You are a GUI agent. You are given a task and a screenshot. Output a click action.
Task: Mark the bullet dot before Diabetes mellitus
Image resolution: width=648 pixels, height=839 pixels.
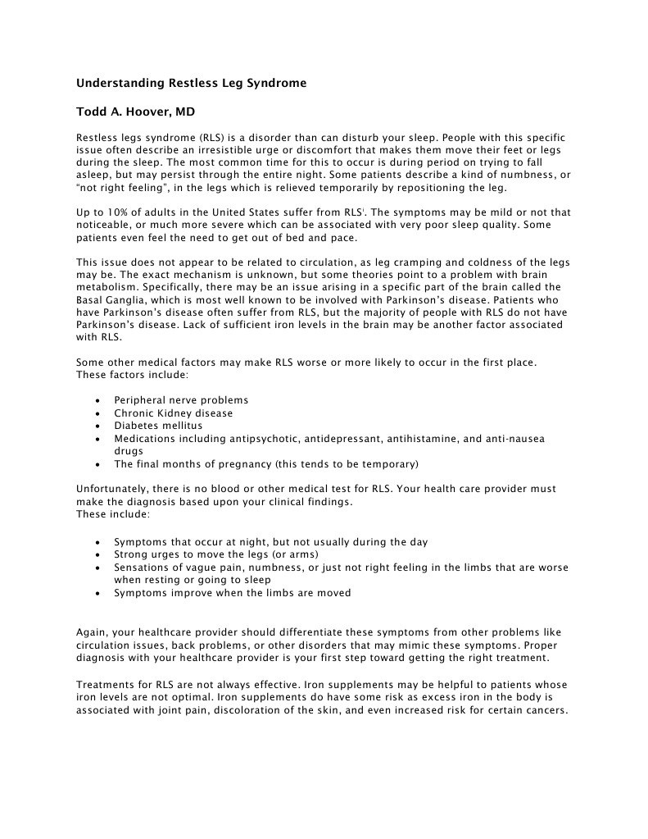98,426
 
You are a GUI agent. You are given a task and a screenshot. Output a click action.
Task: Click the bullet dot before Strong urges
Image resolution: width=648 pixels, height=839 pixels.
98,555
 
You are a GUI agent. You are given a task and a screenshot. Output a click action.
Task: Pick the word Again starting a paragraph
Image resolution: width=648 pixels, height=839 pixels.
91,632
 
